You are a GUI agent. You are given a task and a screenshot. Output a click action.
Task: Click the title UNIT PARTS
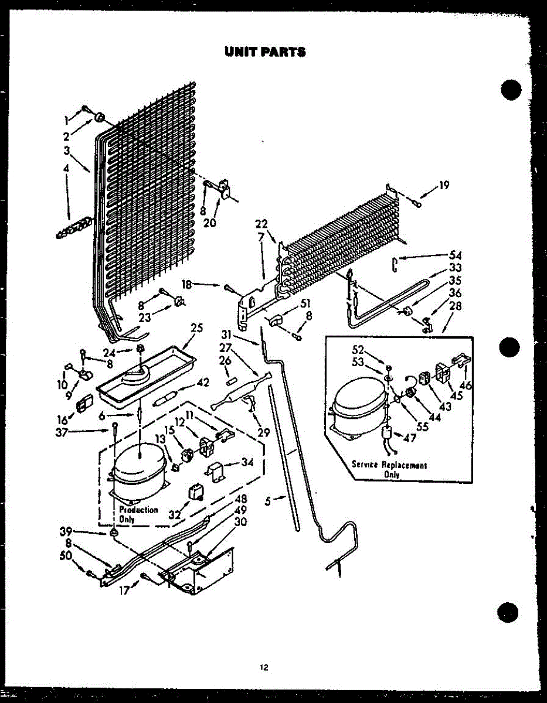click(265, 52)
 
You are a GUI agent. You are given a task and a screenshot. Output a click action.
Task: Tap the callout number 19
click(444, 186)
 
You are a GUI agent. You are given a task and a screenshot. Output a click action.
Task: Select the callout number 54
click(456, 255)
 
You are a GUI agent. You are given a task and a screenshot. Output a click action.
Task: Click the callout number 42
click(203, 383)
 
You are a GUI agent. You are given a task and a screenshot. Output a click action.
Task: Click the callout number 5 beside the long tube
click(268, 501)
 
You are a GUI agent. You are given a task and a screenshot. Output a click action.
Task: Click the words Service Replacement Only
click(389, 469)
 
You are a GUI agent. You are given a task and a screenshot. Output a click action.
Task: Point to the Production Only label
click(138, 514)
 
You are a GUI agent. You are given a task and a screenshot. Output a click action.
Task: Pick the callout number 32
click(174, 515)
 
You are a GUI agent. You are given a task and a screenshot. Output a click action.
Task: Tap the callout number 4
click(66, 168)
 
